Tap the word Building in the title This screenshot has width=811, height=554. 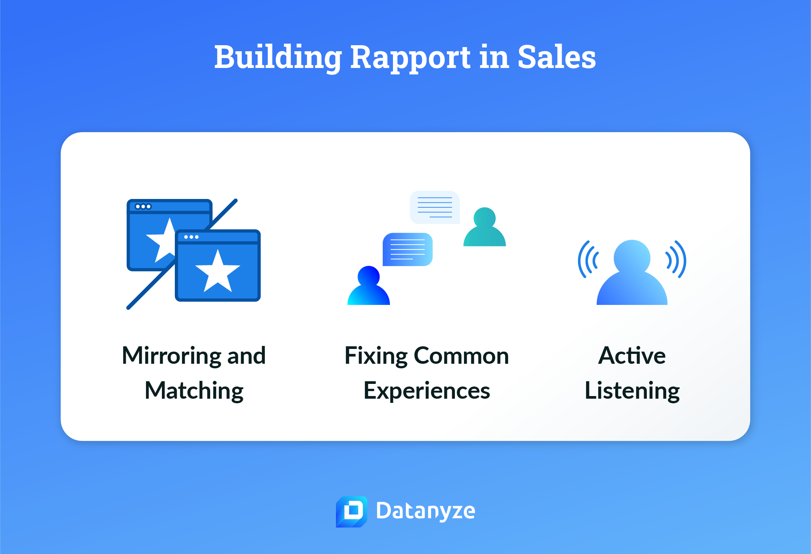tap(278, 57)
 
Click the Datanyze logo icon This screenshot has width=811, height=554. tap(352, 511)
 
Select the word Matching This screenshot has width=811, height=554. tap(194, 391)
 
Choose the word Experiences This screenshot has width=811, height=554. tap(427, 391)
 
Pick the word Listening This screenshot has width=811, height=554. tap(632, 391)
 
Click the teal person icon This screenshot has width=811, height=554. tap(485, 227)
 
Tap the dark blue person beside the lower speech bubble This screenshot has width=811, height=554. tap(369, 286)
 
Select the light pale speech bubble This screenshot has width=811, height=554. tap(435, 207)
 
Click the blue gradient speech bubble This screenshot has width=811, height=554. tap(407, 249)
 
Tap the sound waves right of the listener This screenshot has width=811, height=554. tap(676, 259)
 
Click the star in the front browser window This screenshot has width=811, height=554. tap(218, 271)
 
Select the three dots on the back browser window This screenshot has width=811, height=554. tap(143, 207)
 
